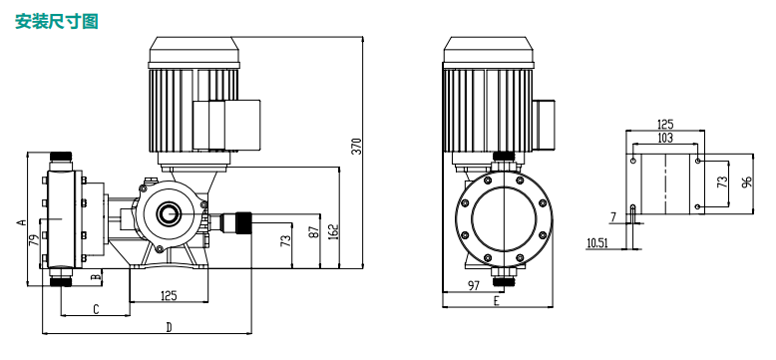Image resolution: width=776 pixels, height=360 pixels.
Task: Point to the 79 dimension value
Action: pos(33,241)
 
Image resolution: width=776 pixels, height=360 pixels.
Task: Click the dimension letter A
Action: pos(20,221)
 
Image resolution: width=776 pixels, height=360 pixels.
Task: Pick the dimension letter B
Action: pos(96,276)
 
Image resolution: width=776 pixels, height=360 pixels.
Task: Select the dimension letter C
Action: pos(96,309)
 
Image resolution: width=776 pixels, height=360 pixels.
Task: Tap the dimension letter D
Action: pos(169,327)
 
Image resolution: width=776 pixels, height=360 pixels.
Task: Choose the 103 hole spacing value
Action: pos(665,137)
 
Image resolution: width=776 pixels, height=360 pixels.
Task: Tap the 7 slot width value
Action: pos(613,216)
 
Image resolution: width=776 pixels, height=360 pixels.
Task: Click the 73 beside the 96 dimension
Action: pos(722,181)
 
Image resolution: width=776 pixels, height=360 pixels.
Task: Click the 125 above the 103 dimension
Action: pos(665,125)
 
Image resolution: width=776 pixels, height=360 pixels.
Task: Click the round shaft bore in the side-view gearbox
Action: pos(167,213)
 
